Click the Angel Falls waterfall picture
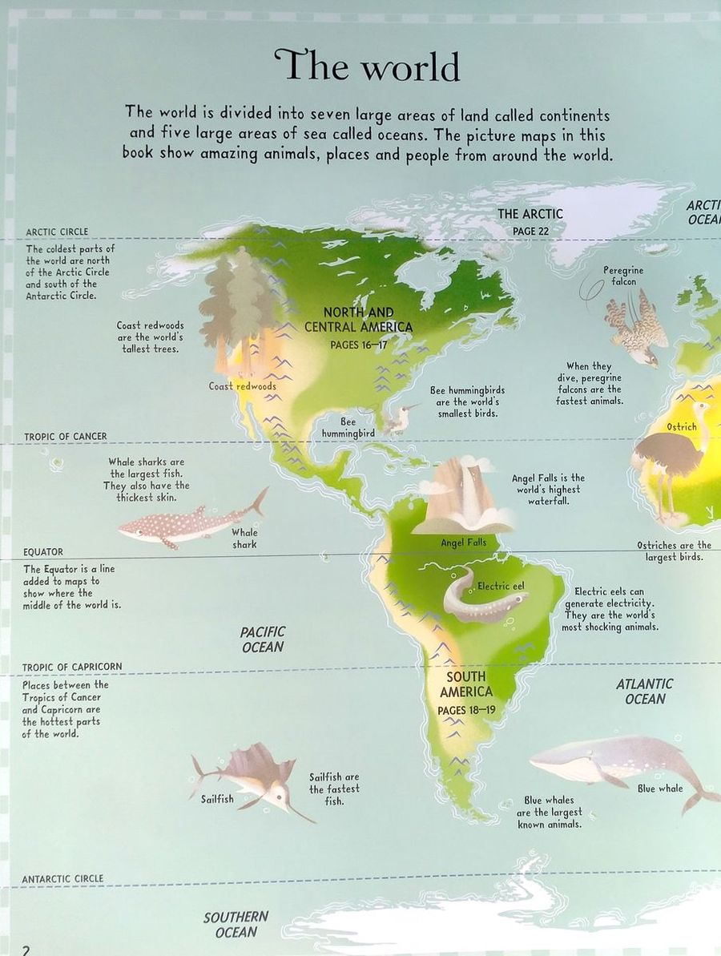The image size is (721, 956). [x=463, y=497]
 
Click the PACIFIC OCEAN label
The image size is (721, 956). [x=263, y=639]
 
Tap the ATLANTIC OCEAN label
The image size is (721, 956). [x=645, y=691]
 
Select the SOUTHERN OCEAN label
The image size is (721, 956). [x=236, y=924]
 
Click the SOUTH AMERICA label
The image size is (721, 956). [x=466, y=684]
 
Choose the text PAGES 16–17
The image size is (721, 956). [x=358, y=345]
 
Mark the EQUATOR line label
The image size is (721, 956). [x=43, y=552]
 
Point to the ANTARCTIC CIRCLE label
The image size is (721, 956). [x=62, y=879]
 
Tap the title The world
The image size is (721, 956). [x=368, y=66]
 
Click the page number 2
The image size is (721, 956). [x=26, y=950]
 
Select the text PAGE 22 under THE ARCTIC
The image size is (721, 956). [x=530, y=231]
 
